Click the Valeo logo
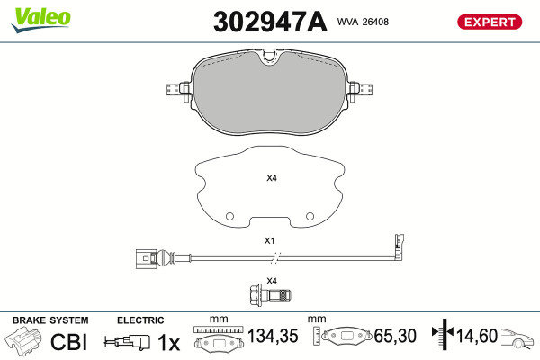click(x=41, y=20)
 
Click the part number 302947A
click(x=270, y=22)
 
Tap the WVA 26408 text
click(x=363, y=22)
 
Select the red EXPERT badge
click(x=490, y=22)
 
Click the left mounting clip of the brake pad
click(x=178, y=90)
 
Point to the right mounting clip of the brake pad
click(x=361, y=90)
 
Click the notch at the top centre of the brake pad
click(x=270, y=57)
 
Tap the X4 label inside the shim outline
click(x=272, y=178)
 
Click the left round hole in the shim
click(x=229, y=216)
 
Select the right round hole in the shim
click(x=310, y=216)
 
